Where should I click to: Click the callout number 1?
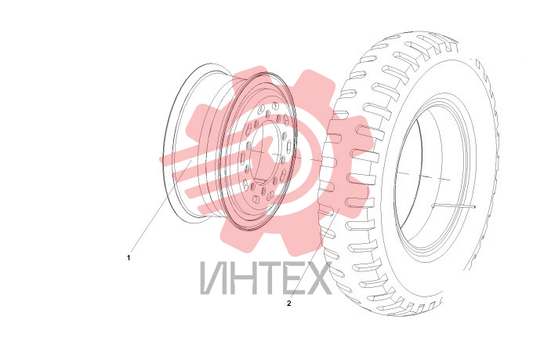(129, 258)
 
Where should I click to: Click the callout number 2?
(289, 304)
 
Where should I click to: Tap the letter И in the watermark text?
(212, 278)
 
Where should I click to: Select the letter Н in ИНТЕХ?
(241, 278)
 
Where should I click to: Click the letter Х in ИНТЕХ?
(317, 278)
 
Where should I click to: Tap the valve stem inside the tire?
(454, 205)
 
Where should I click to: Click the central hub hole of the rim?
(266, 152)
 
